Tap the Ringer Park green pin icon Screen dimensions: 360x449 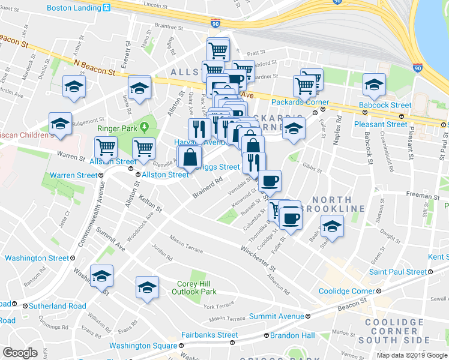click(x=145, y=128)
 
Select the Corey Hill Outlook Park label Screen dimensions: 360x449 click(x=196, y=288)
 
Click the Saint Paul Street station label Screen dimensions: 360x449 click(x=398, y=272)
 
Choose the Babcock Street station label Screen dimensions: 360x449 click(x=385, y=105)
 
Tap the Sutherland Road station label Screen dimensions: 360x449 click(x=51, y=306)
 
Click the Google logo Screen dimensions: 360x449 click(x=20, y=353)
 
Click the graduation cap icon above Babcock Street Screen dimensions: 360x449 click(x=374, y=85)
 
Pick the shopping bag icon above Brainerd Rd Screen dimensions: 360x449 click(x=190, y=158)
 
